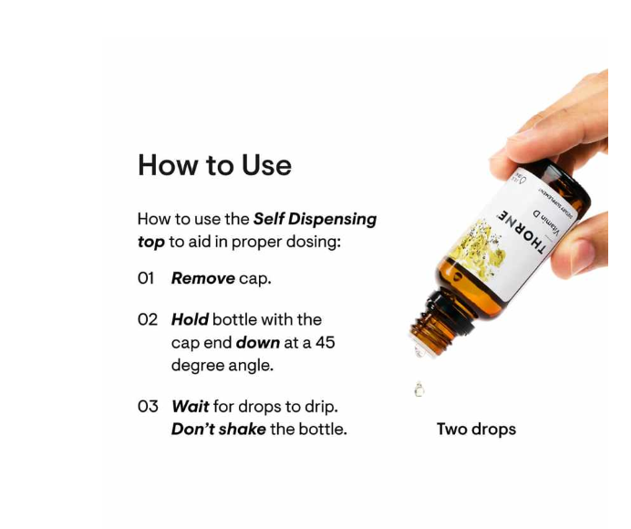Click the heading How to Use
pyautogui.click(x=214, y=165)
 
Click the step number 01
pyautogui.click(x=147, y=278)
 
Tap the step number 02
pyautogui.click(x=148, y=319)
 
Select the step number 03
pyautogui.click(x=148, y=406)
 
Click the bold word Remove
pyautogui.click(x=202, y=278)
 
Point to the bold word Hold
pyautogui.click(x=190, y=319)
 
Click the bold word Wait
pyautogui.click(x=190, y=406)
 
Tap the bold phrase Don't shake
pyautogui.click(x=218, y=429)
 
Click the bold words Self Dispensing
pyautogui.click(x=315, y=220)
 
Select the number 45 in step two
pyautogui.click(x=326, y=342)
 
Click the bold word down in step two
pyautogui.click(x=257, y=342)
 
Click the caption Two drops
pyautogui.click(x=476, y=429)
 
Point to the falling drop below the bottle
pyautogui.click(x=419, y=389)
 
